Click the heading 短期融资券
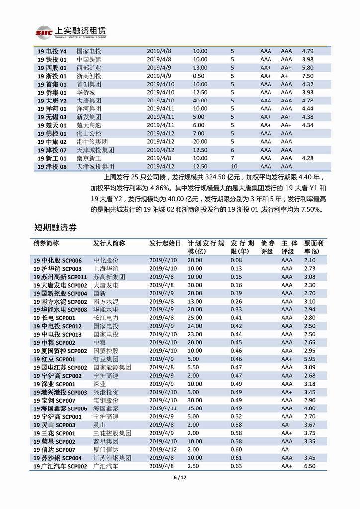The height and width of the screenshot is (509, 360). [55, 226]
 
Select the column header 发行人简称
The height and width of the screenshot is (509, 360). [109, 243]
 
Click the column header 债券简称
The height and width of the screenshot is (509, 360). [46, 243]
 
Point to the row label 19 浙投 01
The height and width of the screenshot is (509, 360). [52, 76]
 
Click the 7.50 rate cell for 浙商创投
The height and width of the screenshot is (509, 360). [308, 76]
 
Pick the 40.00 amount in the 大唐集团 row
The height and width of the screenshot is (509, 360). [200, 101]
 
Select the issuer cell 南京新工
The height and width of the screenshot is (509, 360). [89, 158]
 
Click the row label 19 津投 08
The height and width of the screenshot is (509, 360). [52, 167]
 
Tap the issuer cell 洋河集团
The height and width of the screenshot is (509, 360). [89, 108]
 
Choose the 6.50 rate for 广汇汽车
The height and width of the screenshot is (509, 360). [310, 466]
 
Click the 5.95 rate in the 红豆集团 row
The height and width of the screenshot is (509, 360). [310, 359]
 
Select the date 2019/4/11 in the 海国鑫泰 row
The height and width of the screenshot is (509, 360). [163, 408]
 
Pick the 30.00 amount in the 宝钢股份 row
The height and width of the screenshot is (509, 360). [195, 400]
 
